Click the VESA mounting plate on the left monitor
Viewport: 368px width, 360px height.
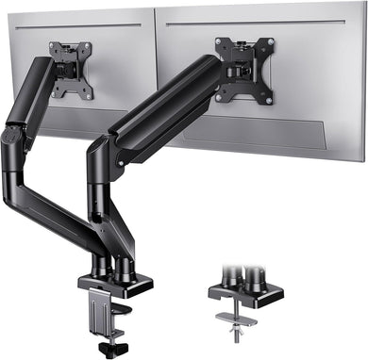pos(72,69)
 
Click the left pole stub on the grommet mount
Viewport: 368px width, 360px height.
pos(230,279)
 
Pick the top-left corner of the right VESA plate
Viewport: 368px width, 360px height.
pos(218,41)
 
